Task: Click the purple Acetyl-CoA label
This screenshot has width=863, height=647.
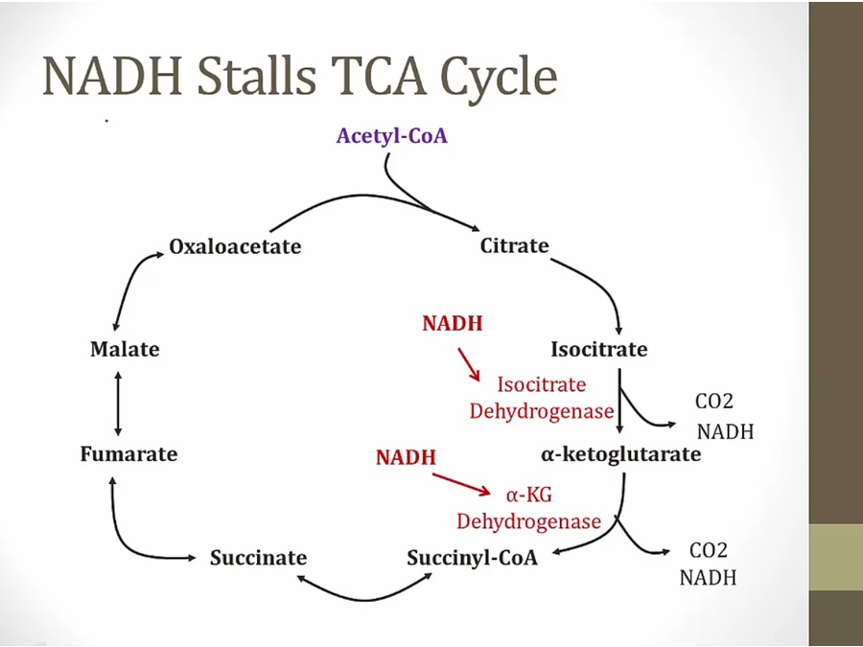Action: (391, 135)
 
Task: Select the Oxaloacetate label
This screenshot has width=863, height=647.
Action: (235, 246)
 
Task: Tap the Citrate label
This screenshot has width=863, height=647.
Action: (514, 245)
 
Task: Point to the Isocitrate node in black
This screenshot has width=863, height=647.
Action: (598, 349)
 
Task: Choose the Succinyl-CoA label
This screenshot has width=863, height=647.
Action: (472, 558)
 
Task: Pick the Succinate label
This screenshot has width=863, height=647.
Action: (258, 558)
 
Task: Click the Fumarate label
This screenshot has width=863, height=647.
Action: (128, 453)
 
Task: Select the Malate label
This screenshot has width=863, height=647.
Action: (125, 349)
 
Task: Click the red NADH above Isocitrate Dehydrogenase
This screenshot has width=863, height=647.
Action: (452, 324)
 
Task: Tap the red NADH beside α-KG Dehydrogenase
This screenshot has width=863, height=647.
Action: (406, 458)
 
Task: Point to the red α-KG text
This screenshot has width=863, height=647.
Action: (528, 495)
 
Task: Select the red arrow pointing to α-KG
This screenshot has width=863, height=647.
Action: (467, 484)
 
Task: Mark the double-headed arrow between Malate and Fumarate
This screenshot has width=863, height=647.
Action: (118, 402)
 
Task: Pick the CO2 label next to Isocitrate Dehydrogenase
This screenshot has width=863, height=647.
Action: (713, 403)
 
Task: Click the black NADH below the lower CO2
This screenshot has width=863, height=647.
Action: (708, 578)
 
